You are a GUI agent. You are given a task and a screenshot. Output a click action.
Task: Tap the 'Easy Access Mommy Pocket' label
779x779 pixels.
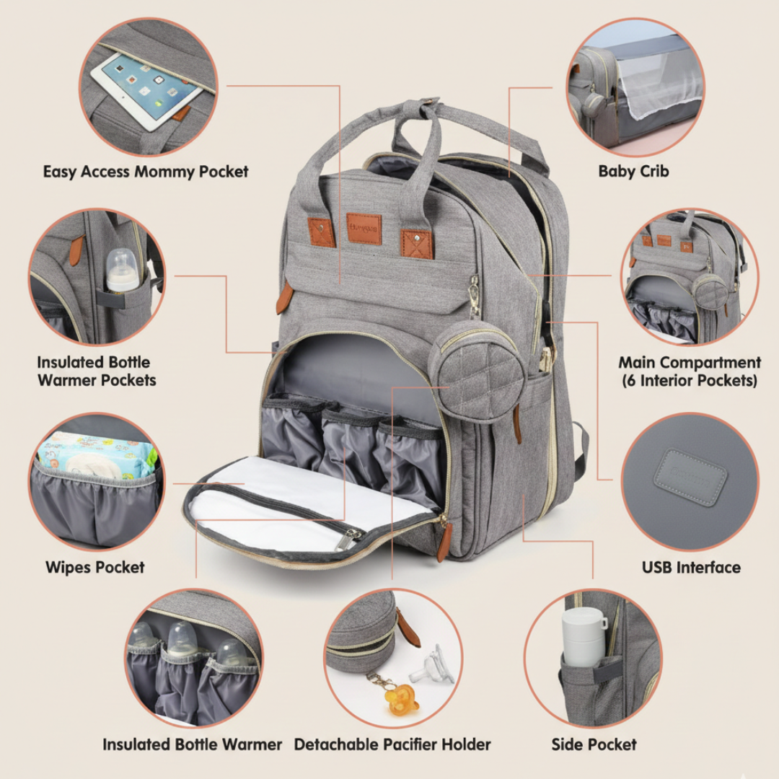pos(146,172)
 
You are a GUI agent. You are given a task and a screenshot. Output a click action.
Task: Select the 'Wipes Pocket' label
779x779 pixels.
pos(95,567)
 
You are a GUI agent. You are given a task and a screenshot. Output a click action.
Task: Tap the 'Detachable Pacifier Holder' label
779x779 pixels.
pos(392,744)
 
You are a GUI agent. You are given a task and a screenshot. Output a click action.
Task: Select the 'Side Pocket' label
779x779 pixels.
pos(594,744)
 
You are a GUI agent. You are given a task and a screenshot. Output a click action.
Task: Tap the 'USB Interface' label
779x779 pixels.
pos(691,567)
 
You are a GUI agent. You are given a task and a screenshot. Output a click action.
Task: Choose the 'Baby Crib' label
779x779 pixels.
pos(633,172)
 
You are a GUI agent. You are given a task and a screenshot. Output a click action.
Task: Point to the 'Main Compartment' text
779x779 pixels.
pos(690,362)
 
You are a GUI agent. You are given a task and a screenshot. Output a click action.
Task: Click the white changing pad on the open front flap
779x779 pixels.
pos(303,498)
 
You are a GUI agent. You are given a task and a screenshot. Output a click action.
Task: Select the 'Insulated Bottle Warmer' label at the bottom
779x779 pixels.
pos(192,744)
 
